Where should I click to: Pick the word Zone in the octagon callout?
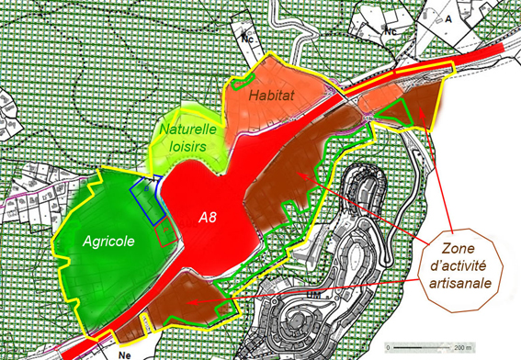[x=460, y=248]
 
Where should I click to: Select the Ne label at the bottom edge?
[x=126, y=352]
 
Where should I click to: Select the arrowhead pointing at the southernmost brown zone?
[x=191, y=300]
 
